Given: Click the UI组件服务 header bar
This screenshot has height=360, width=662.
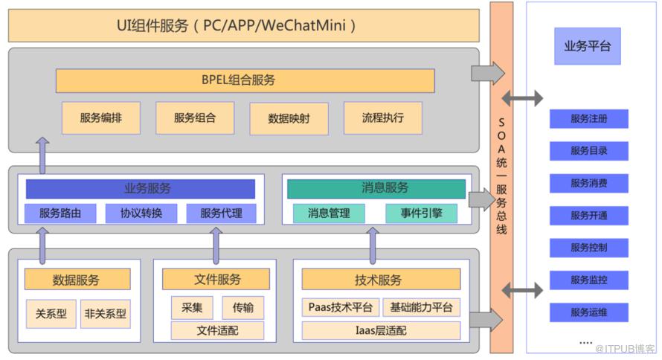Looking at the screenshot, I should tap(243, 26).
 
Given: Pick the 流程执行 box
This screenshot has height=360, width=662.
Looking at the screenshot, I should tap(382, 118).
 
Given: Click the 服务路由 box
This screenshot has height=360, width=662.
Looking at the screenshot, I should tap(60, 213).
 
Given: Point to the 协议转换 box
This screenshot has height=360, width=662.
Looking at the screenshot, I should tap(141, 213).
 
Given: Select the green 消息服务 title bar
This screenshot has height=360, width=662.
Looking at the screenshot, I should tap(376, 189).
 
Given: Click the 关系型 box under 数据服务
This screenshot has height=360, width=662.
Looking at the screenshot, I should tap(51, 314).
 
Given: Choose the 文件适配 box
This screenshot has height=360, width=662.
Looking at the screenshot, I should tap(217, 330).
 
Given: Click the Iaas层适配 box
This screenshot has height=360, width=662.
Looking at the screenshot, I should tap(381, 330).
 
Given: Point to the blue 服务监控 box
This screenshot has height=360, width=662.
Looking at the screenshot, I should tap(589, 280).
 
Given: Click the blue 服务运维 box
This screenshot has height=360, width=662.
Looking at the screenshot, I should tap(589, 312).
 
